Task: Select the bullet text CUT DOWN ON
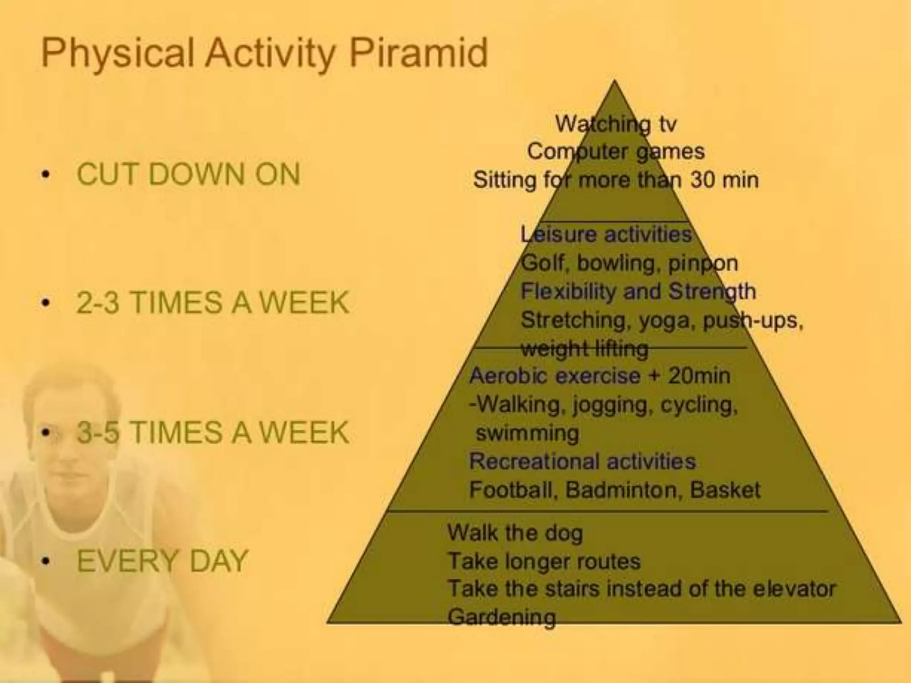pyautogui.click(x=189, y=174)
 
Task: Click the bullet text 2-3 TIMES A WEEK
pyautogui.click(x=213, y=303)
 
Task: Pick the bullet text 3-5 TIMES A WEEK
pyautogui.click(x=213, y=432)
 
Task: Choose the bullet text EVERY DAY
pyautogui.click(x=162, y=561)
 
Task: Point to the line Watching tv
pyautogui.click(x=616, y=124)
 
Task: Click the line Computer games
pyautogui.click(x=616, y=152)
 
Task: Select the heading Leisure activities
pyautogui.click(x=606, y=234)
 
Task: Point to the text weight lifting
pyautogui.click(x=584, y=349)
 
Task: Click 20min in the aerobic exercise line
pyautogui.click(x=699, y=376)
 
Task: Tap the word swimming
pyautogui.click(x=527, y=433)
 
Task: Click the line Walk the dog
pyautogui.click(x=515, y=533)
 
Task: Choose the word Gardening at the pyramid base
pyautogui.click(x=502, y=617)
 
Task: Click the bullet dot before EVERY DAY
pyautogui.click(x=44, y=562)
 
